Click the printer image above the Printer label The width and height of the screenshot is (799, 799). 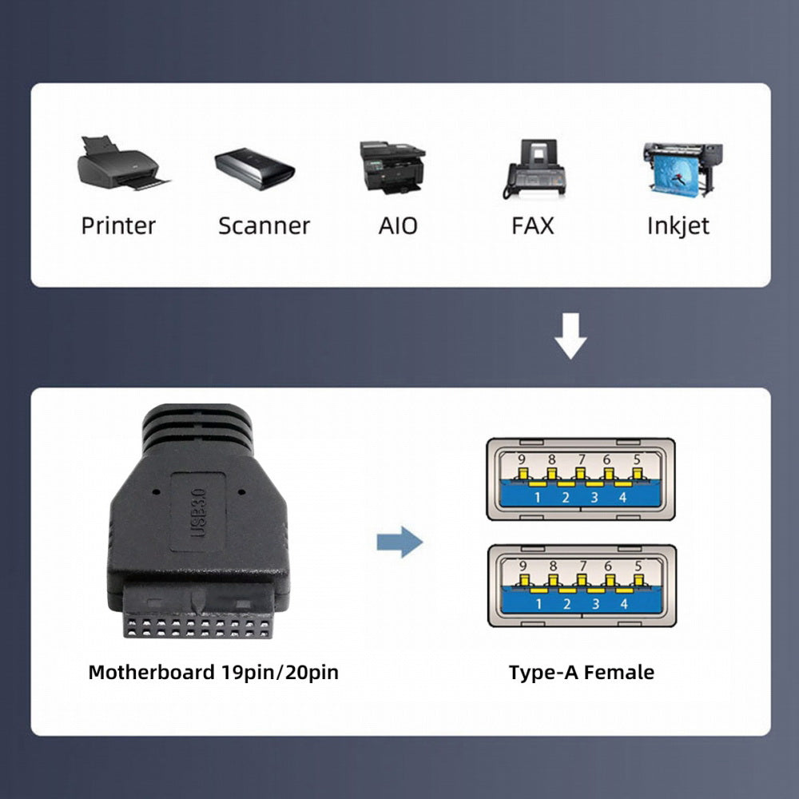tap(123, 163)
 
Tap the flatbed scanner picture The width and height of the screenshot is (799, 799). tap(255, 168)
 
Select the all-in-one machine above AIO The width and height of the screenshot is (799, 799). tap(392, 167)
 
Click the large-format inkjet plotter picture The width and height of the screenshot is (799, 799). tap(683, 169)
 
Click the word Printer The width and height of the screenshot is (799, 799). tap(118, 226)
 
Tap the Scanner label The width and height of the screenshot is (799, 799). tap(264, 226)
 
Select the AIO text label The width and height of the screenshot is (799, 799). tap(398, 226)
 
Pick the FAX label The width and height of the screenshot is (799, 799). tap(532, 226)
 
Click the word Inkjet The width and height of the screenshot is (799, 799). tap(678, 226)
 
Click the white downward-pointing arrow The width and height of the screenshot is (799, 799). tap(570, 336)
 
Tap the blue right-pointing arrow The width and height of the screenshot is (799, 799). tap(400, 542)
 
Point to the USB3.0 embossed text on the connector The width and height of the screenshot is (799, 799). tap(198, 513)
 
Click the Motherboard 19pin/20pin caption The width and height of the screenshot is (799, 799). tap(213, 672)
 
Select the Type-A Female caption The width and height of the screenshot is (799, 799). tap(582, 672)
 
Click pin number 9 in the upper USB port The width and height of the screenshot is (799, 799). tap(521, 459)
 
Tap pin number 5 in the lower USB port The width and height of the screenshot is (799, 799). tap(638, 566)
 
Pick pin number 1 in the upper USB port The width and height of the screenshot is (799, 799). tap(537, 497)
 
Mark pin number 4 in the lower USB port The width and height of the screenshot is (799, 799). tap(624, 604)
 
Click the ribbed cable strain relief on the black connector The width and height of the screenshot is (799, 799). tap(197, 428)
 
